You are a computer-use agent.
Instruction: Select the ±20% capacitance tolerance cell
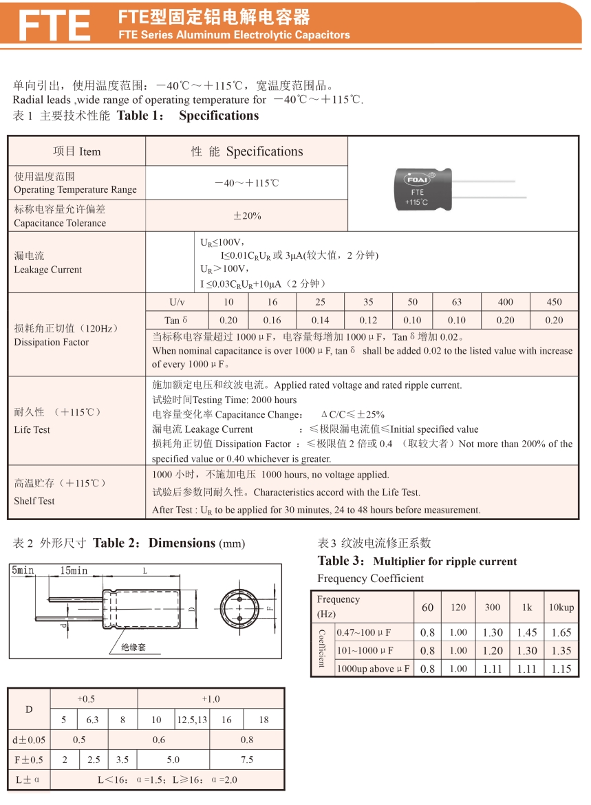(x=247, y=215)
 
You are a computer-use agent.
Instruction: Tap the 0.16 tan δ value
(x=272, y=320)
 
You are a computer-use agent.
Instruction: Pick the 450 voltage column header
(x=554, y=302)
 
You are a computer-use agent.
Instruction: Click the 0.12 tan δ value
(x=368, y=320)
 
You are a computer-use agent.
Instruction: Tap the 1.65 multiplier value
(x=561, y=632)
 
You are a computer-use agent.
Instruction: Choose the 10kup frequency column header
(x=561, y=608)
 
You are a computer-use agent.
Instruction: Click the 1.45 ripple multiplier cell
(x=527, y=632)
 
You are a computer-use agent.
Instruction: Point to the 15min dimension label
(x=73, y=571)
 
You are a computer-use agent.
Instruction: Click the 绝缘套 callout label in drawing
(x=133, y=647)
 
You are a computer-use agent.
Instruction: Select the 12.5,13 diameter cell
(x=191, y=720)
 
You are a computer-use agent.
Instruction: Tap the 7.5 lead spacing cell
(x=246, y=760)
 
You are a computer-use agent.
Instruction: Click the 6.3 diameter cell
(x=92, y=720)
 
